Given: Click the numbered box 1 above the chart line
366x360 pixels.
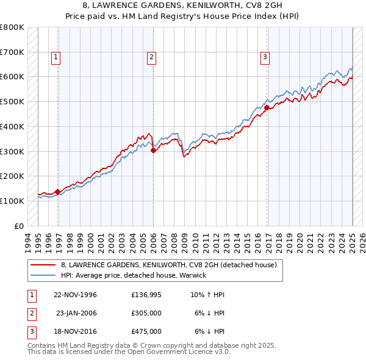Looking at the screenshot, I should coord(56,58).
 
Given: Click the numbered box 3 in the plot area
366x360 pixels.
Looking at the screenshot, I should coord(265,58).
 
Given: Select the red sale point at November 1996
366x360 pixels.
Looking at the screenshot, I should coord(57,192).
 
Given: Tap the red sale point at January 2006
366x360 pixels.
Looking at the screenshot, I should coord(153,151).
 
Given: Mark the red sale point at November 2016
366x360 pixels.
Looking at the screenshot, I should coord(267,107).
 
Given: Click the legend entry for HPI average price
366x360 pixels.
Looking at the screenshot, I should coord(134,275).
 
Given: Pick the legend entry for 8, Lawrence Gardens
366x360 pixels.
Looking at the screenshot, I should coord(169,265).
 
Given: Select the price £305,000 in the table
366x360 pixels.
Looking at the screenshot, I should coord(146,313).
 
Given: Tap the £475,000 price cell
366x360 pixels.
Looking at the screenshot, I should coord(146,331).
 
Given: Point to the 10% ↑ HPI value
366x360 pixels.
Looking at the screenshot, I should coord(207,295).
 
